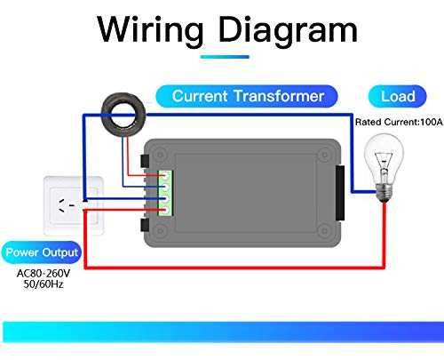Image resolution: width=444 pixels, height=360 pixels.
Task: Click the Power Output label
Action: [x=42, y=253]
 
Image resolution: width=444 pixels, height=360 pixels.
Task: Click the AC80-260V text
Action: [x=42, y=273]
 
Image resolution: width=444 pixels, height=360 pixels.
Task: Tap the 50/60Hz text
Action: [x=42, y=285]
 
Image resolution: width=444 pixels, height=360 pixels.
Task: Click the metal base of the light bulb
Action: [x=384, y=188]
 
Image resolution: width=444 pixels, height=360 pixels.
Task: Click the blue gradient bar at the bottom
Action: [x=222, y=330]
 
